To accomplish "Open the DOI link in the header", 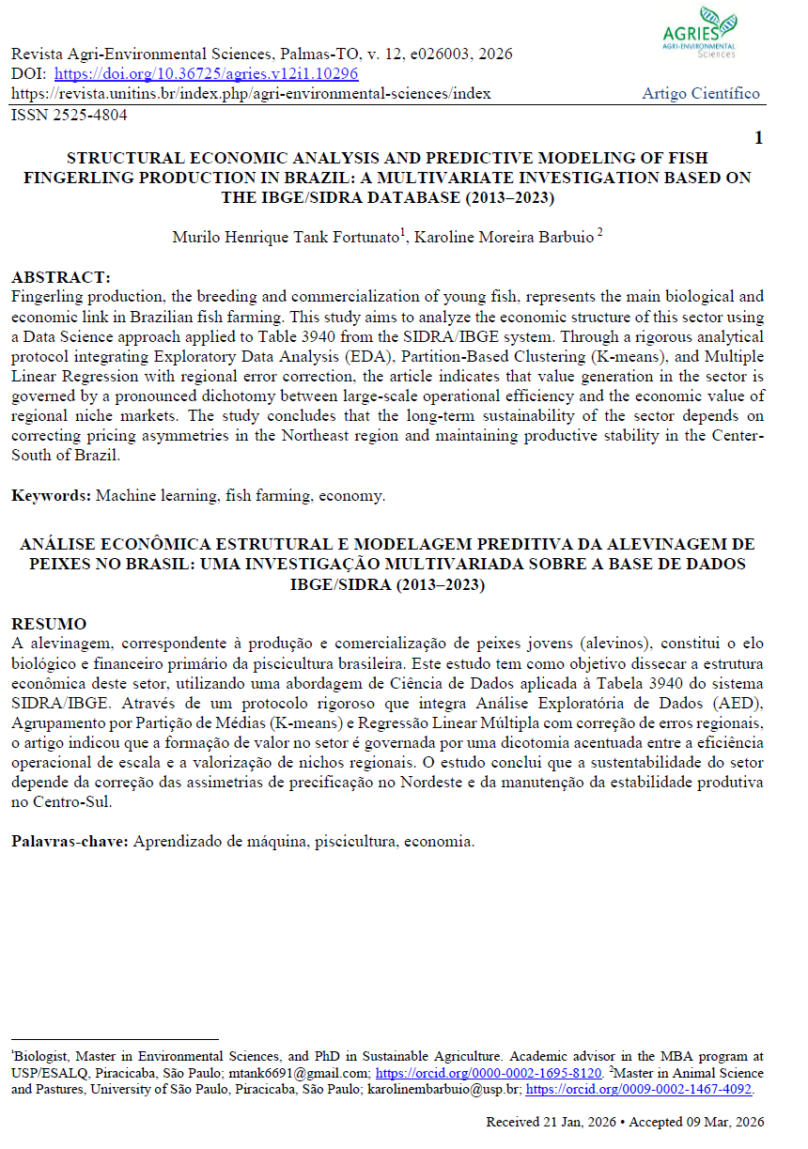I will pyautogui.click(x=206, y=74).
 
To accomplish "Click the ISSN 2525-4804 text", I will pyautogui.click(x=69, y=115).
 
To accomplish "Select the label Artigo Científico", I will pyautogui.click(x=701, y=94).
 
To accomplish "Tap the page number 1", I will pyautogui.click(x=758, y=138).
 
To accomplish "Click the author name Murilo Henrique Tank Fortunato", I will pyautogui.click(x=288, y=237).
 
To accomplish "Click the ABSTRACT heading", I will pyautogui.click(x=60, y=278).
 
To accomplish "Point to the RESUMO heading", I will pyautogui.click(x=49, y=625).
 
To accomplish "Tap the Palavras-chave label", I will pyautogui.click(x=70, y=842).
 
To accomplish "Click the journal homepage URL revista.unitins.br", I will pyautogui.click(x=250, y=94).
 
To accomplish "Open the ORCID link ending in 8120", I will pyautogui.click(x=489, y=1072).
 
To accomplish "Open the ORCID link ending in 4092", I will pyautogui.click(x=639, y=1089).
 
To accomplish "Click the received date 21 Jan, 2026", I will pyautogui.click(x=568, y=1122).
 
